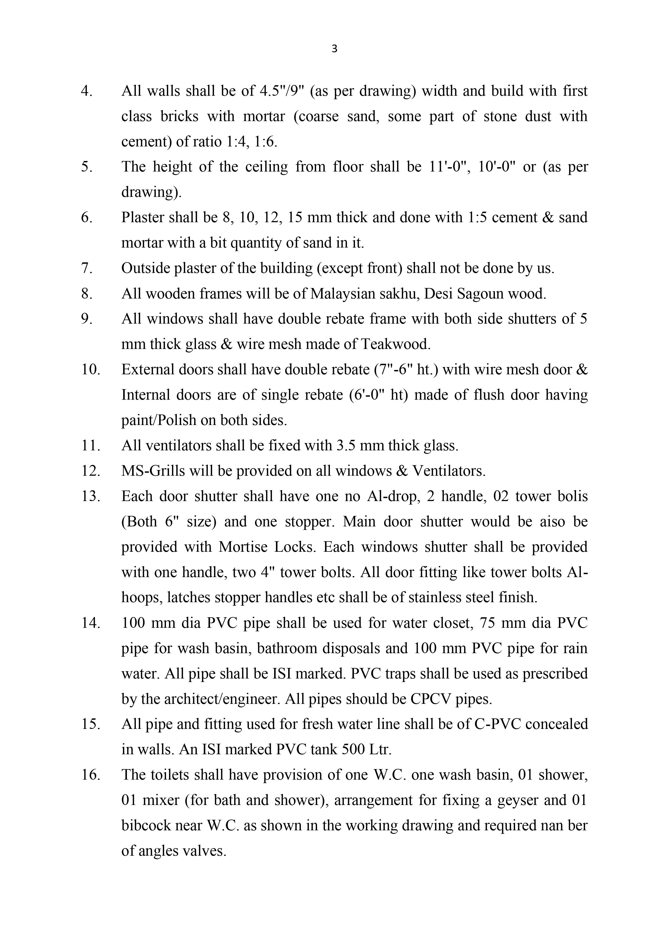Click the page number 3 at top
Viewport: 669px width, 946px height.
tap(334, 49)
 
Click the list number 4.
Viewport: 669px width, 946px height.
tap(87, 91)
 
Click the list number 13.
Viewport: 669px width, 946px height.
tap(91, 496)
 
